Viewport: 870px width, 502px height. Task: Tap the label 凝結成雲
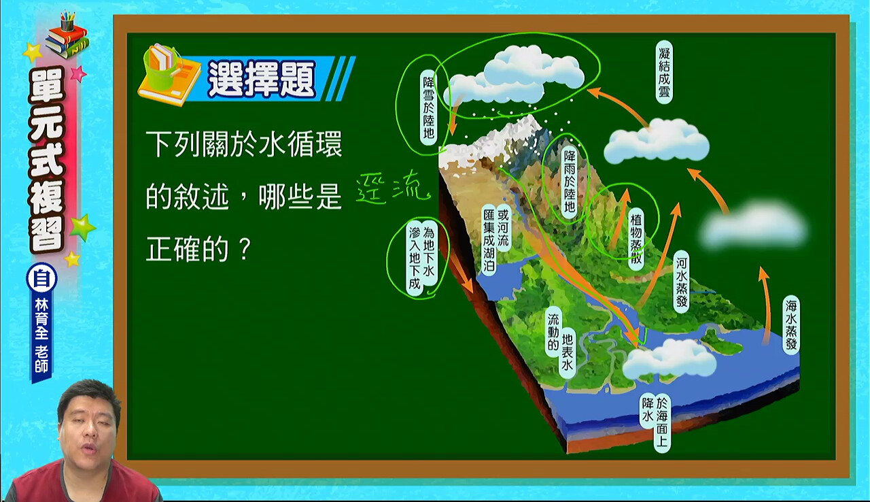pyautogui.click(x=664, y=72)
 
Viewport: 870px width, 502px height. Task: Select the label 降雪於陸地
pyautogui.click(x=428, y=107)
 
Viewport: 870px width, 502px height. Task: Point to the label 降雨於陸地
pyautogui.click(x=570, y=182)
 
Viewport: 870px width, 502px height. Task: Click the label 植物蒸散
pyautogui.click(x=636, y=239)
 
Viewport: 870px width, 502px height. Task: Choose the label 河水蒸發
pyautogui.click(x=682, y=282)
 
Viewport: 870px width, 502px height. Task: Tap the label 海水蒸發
pyautogui.click(x=791, y=325)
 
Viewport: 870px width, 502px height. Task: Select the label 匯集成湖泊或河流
pyautogui.click(x=496, y=239)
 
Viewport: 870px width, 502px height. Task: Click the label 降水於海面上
pyautogui.click(x=655, y=422)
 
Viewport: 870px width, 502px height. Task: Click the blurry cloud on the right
pyautogui.click(x=754, y=225)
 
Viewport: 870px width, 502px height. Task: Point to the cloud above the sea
pyautogui.click(x=669, y=359)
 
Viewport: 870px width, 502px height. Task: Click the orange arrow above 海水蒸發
pyautogui.click(x=765, y=305)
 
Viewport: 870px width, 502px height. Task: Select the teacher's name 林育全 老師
pyautogui.click(x=41, y=336)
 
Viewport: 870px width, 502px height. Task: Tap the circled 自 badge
pyautogui.click(x=41, y=279)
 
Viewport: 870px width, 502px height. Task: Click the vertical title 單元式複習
pyautogui.click(x=48, y=160)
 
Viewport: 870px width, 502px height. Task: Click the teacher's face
pyautogui.click(x=88, y=422)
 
